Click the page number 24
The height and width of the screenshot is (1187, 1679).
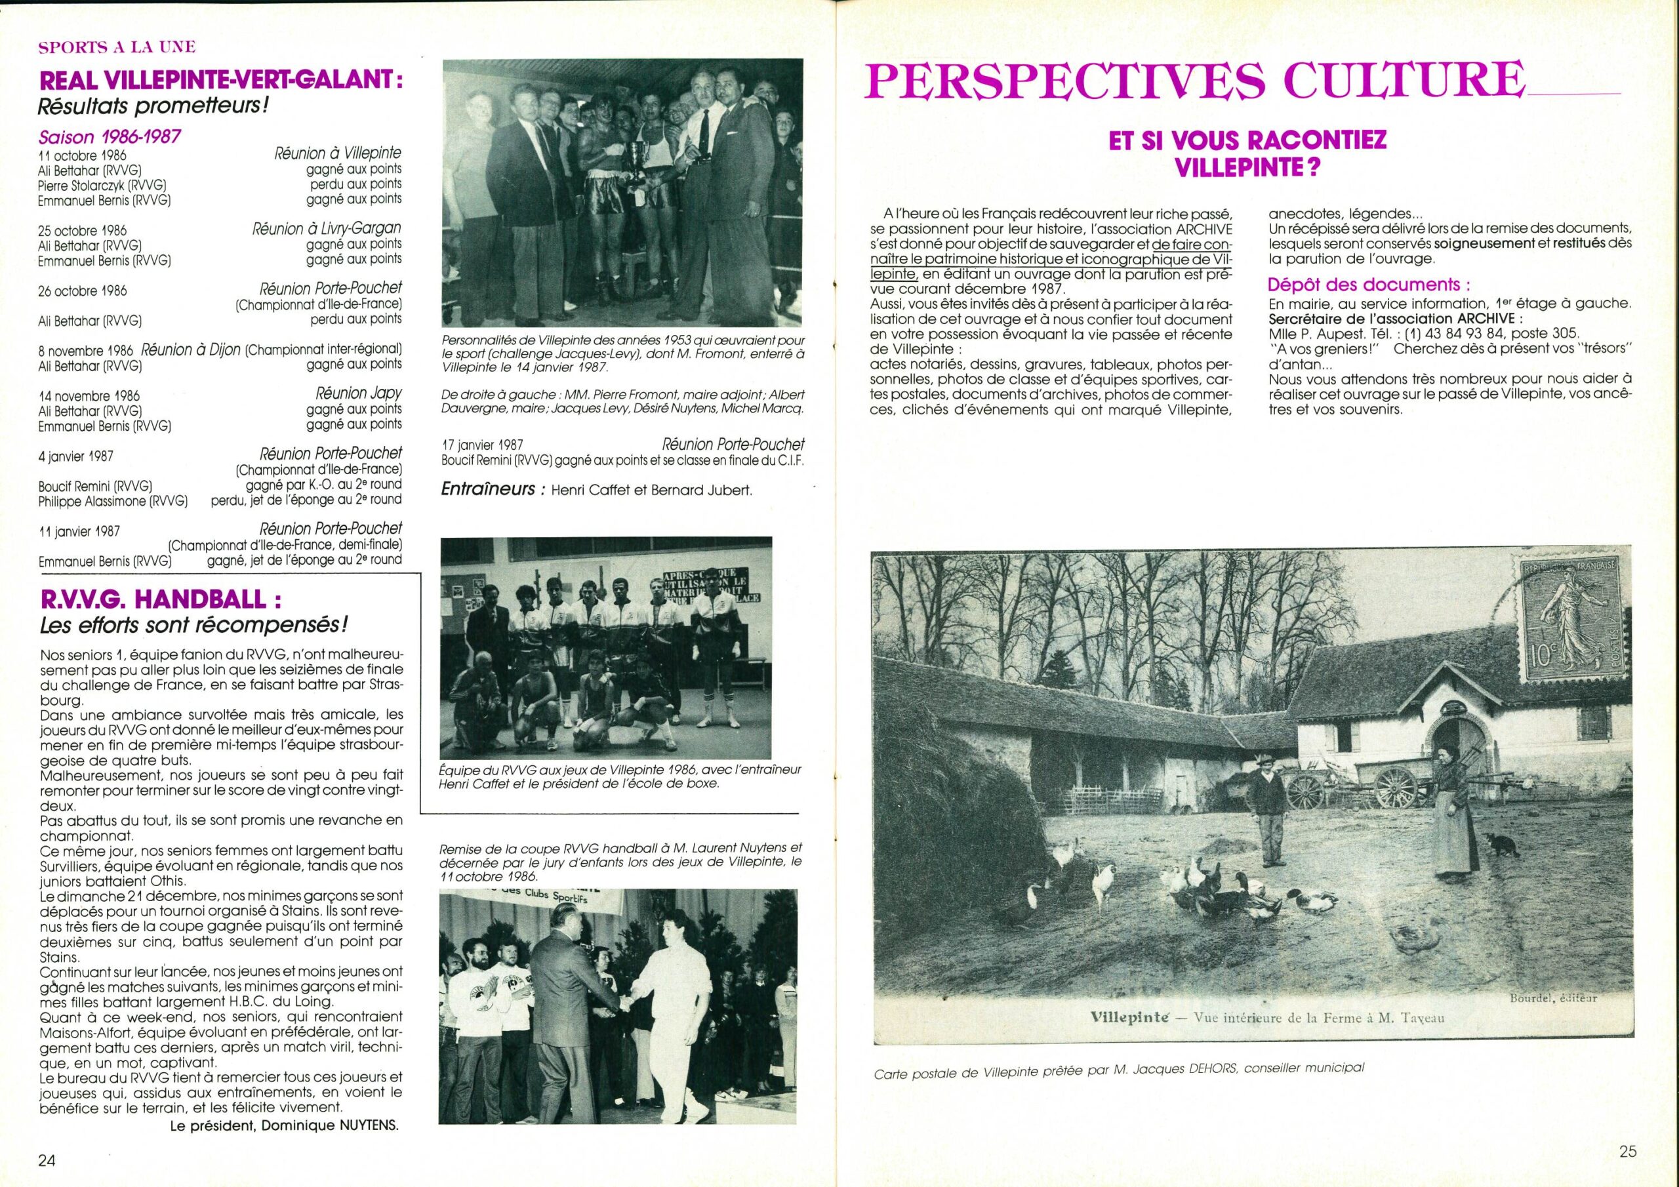tap(47, 1159)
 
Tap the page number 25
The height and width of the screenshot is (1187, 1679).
tap(1628, 1151)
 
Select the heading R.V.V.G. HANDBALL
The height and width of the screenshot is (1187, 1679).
tap(163, 601)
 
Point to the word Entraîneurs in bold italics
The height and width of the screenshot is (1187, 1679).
tap(489, 489)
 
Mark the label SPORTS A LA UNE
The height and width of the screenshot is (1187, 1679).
tap(118, 47)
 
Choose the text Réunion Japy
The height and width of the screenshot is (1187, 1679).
tap(357, 393)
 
